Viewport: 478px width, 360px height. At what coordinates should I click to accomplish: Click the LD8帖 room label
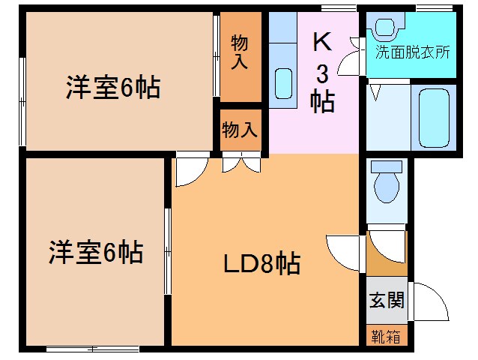pyautogui.click(x=261, y=263)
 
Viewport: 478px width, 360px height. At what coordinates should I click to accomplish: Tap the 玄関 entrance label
pyautogui.click(x=387, y=301)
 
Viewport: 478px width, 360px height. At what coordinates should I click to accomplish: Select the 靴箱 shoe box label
pyautogui.click(x=387, y=337)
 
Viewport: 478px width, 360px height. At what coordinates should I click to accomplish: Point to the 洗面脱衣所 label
pyautogui.click(x=412, y=52)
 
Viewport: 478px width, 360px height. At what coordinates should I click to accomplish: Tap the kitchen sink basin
pyautogui.click(x=283, y=83)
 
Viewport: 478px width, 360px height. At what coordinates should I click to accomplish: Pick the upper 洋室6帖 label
pyautogui.click(x=112, y=88)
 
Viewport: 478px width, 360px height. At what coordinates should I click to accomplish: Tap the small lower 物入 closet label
pyautogui.click(x=240, y=130)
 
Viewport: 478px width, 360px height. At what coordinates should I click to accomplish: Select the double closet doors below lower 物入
pyautogui.click(x=241, y=163)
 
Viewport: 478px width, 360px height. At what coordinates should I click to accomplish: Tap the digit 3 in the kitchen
pyautogui.click(x=322, y=73)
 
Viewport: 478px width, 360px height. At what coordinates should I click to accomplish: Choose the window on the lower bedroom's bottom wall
pyautogui.click(x=91, y=348)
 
